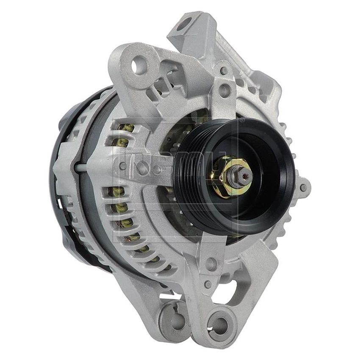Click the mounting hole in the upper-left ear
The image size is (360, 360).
139,66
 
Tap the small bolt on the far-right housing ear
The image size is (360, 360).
303,186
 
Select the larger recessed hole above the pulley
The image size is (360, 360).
225,90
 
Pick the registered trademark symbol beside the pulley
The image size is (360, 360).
242,120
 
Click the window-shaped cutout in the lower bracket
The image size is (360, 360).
234,292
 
